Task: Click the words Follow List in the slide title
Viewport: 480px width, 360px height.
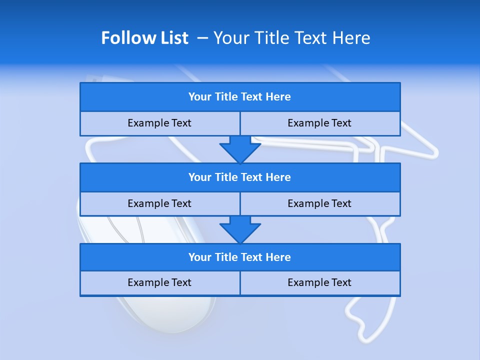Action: click(144, 38)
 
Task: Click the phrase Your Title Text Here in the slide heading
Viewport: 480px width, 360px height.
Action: click(291, 38)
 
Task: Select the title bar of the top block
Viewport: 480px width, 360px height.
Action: click(240, 97)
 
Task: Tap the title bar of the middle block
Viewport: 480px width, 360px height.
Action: click(240, 177)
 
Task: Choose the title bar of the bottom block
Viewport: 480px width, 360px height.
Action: click(240, 257)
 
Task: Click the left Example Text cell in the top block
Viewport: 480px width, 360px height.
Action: click(159, 123)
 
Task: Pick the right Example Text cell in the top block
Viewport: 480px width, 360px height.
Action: click(319, 123)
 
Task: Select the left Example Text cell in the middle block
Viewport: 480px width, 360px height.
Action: click(159, 203)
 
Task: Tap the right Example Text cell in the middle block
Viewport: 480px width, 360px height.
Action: click(319, 203)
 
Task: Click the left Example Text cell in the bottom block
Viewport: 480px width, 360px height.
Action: click(159, 282)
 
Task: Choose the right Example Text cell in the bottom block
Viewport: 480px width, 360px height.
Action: click(319, 282)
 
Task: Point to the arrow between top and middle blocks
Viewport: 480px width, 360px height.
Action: click(240, 149)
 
